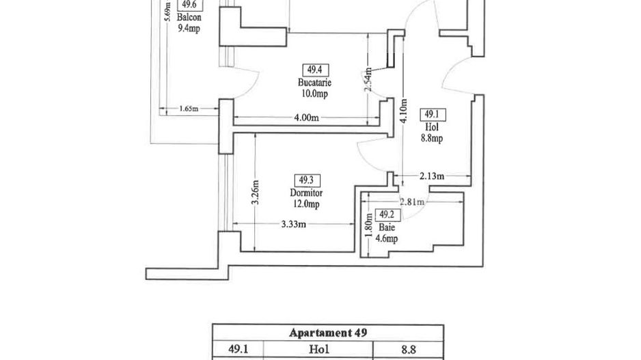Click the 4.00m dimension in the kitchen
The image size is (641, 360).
[305, 117]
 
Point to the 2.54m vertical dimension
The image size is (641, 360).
[368, 79]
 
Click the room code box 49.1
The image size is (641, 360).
[432, 115]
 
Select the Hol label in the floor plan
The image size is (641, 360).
[432, 127]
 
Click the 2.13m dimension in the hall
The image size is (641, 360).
[432, 176]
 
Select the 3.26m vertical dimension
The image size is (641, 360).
[256, 194]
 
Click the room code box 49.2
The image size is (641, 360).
[387, 214]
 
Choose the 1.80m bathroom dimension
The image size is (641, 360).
[369, 227]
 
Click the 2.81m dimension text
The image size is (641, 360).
[413, 202]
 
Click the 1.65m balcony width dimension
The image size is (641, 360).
[188, 109]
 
